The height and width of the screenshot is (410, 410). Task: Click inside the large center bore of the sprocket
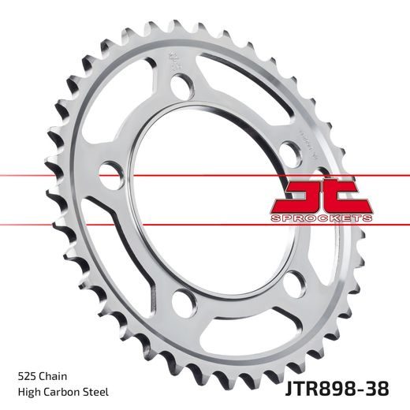213,197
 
